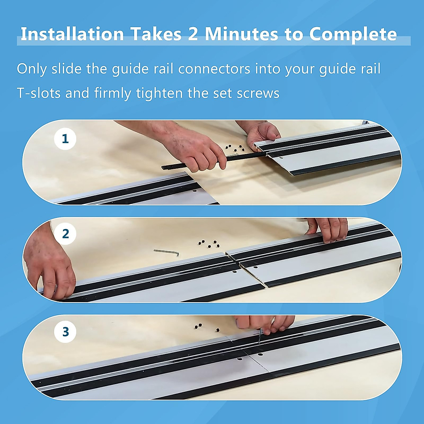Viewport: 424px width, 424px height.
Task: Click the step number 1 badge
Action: (65, 139)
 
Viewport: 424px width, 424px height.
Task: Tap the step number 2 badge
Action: (65, 234)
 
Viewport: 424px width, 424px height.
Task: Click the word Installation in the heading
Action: (72, 34)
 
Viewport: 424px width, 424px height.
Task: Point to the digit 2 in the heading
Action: (193, 34)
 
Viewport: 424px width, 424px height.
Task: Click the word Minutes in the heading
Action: (241, 34)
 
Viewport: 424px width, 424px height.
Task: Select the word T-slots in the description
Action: (39, 93)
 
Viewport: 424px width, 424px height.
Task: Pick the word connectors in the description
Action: (214, 69)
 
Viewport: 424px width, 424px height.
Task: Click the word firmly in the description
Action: (113, 93)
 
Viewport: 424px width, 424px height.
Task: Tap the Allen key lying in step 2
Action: (166, 253)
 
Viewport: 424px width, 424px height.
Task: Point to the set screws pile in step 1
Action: (235, 148)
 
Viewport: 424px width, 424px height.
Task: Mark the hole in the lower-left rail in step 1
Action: (194, 192)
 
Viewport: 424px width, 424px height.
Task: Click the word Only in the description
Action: (32, 69)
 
